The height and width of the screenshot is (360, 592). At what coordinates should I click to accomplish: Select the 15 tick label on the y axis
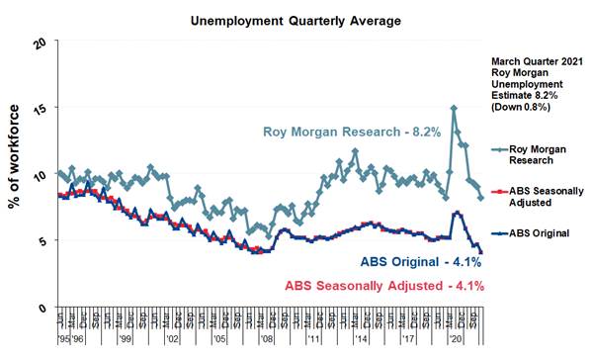pos(40,110)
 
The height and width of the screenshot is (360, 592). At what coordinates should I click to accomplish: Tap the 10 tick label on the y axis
pos(40,175)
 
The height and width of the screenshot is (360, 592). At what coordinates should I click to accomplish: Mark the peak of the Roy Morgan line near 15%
pos(454,108)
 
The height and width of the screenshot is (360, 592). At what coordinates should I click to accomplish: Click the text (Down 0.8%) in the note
pos(525,108)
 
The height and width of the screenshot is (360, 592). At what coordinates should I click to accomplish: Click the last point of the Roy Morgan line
pos(480,198)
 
